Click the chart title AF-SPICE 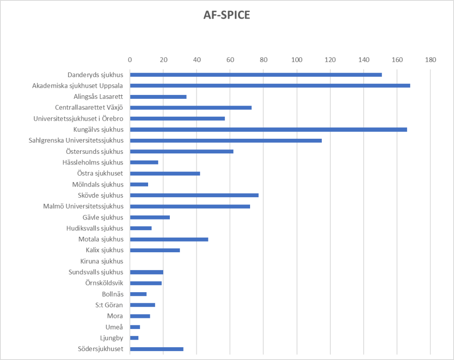(x=227, y=16)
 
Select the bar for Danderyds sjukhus (x=256, y=74)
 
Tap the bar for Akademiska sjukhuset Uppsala (x=270, y=86)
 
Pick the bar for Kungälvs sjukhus (x=268, y=129)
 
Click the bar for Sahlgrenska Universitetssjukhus (x=226, y=141)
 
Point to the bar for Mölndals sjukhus (x=139, y=184)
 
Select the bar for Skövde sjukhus (x=194, y=196)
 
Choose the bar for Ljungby (x=134, y=338)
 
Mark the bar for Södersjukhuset (x=157, y=349)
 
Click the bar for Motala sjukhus (x=169, y=239)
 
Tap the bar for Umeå (x=135, y=327)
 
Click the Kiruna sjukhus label (x=102, y=261)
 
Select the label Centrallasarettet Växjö (x=89, y=107)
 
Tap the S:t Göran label (x=109, y=305)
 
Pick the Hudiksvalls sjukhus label (x=94, y=228)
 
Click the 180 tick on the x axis (x=430, y=59)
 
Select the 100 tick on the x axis (x=297, y=59)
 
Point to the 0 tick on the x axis (x=130, y=59)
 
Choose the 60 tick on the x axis (x=230, y=59)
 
